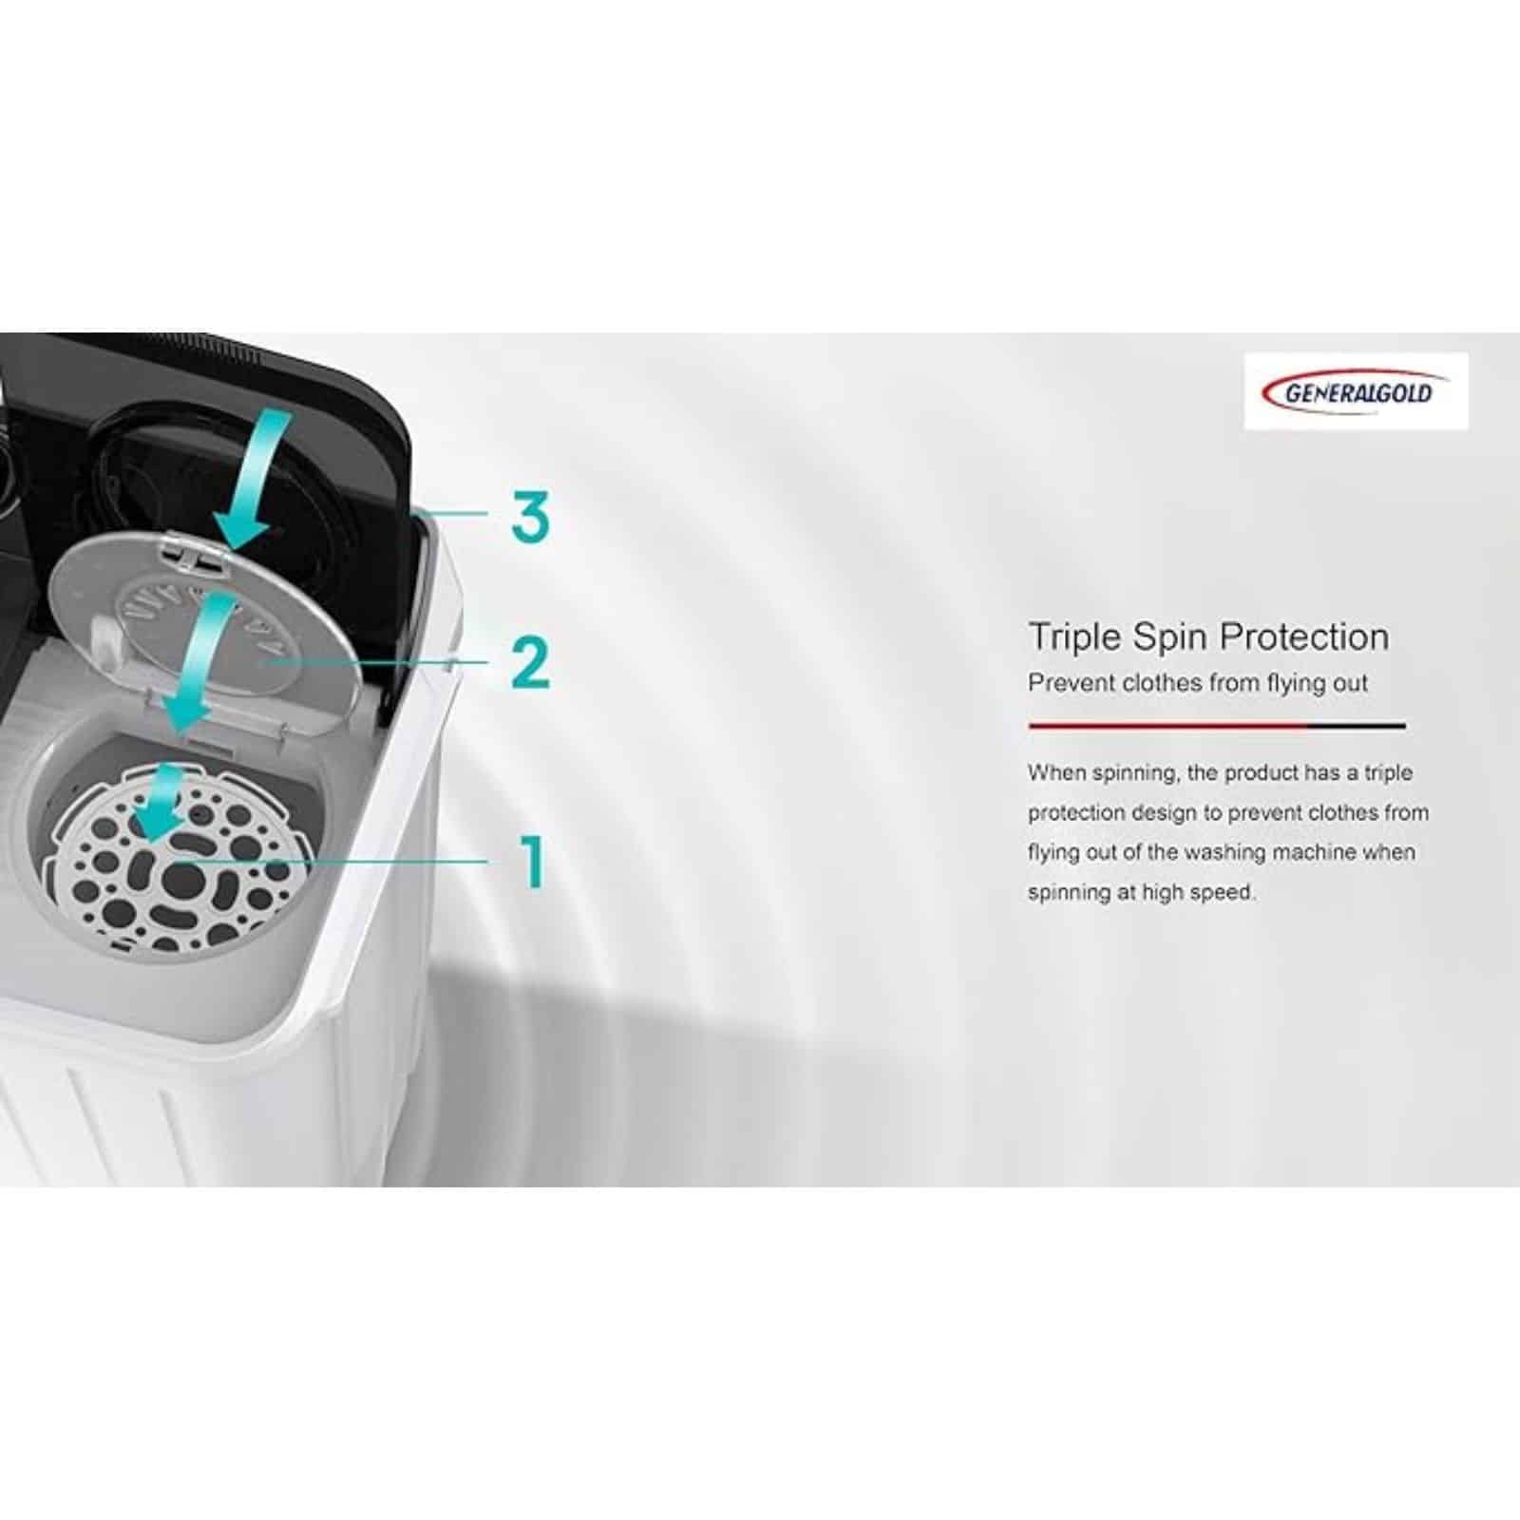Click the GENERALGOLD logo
click(1356, 391)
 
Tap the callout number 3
click(530, 517)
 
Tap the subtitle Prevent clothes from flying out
click(1198, 683)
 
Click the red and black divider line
click(1217, 726)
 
